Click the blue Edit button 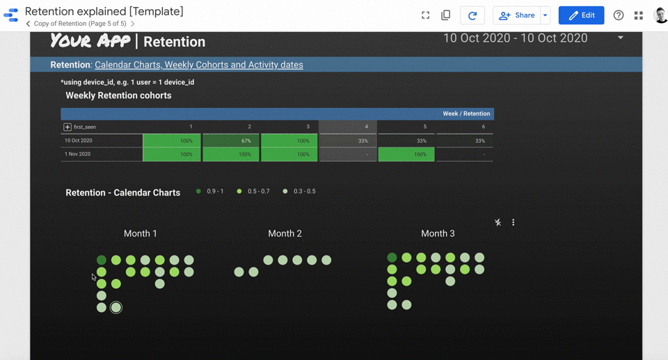coord(581,15)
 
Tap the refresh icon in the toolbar coord(472,15)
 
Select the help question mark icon coord(619,15)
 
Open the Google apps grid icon coord(639,15)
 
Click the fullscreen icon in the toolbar coord(425,15)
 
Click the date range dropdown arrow coord(621,38)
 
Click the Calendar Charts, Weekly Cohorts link coord(198,65)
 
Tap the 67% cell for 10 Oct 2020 coord(231,141)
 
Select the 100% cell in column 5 coord(406,154)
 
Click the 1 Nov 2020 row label coord(78,154)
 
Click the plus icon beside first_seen coord(67,127)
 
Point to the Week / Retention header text coord(466,114)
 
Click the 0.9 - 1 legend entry coord(209,191)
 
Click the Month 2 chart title coord(285,233)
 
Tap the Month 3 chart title coord(438,233)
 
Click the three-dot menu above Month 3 coord(514,223)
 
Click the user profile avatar coord(660,15)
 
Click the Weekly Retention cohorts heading coord(118,95)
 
